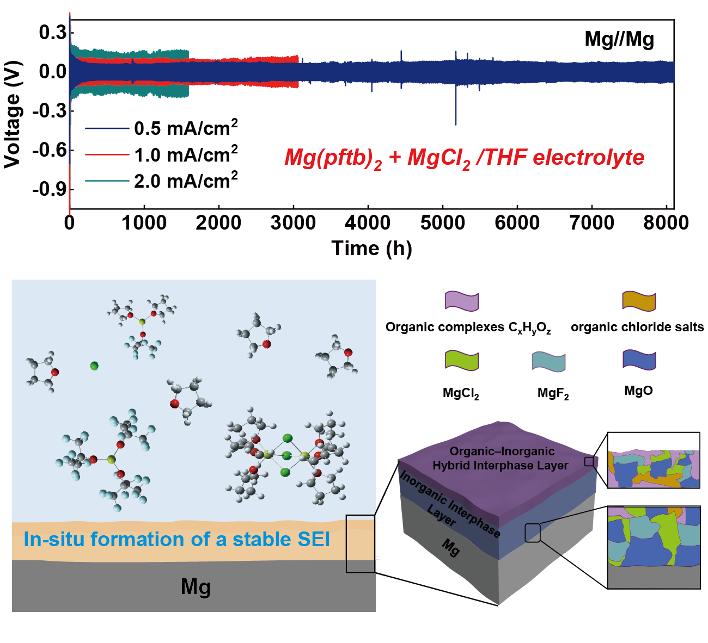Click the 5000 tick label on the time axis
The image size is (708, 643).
pyautogui.click(x=442, y=223)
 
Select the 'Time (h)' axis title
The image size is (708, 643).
pyautogui.click(x=371, y=249)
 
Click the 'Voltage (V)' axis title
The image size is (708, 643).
pyautogui.click(x=13, y=115)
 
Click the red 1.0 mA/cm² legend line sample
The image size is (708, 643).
pyautogui.click(x=107, y=154)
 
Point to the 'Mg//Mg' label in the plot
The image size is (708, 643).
pyautogui.click(x=619, y=39)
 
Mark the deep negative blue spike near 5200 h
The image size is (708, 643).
pyautogui.click(x=456, y=106)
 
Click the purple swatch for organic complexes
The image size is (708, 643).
pyautogui.click(x=462, y=301)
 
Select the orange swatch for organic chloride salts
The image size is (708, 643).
pyautogui.click(x=639, y=301)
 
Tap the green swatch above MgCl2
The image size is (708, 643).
pyautogui.click(x=462, y=361)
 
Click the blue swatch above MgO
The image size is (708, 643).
pyautogui.click(x=639, y=360)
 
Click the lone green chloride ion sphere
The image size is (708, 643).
pyautogui.click(x=94, y=366)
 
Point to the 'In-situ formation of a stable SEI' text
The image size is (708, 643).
pyautogui.click(x=177, y=539)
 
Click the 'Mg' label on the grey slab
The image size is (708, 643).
pyautogui.click(x=196, y=588)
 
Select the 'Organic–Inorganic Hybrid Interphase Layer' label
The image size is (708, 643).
pyautogui.click(x=500, y=458)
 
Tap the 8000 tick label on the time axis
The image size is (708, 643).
pyautogui.click(x=666, y=223)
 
